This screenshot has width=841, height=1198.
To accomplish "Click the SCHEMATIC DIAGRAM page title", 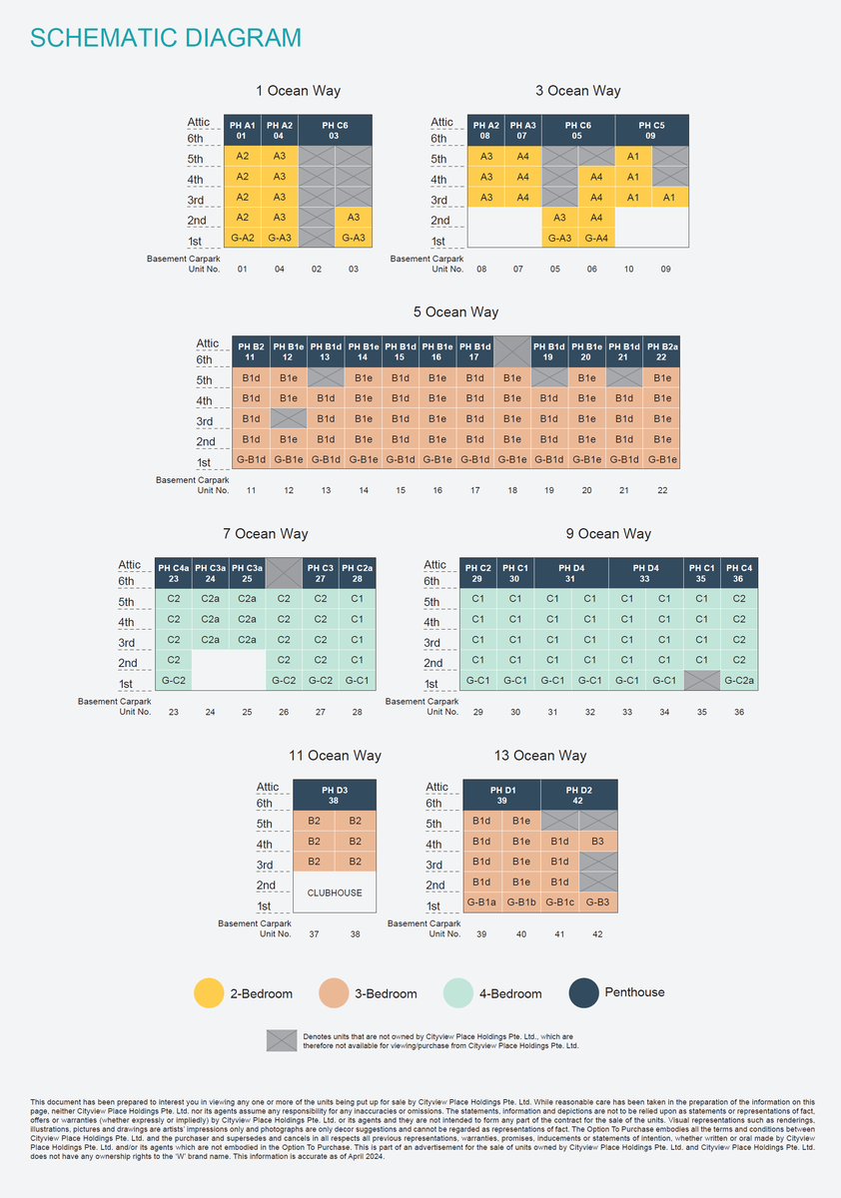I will point(166,38).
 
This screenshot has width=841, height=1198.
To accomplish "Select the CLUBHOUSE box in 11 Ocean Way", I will point(335,893).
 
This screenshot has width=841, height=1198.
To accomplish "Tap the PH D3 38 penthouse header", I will point(335,796).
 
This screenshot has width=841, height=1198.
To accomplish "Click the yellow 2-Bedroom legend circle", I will point(208,993).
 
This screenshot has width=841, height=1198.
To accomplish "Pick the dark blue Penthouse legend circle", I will point(583,993).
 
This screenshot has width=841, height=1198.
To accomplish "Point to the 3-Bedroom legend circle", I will point(334,993).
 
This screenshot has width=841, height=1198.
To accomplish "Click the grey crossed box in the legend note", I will point(282,1040).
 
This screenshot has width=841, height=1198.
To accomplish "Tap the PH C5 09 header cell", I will point(650,130).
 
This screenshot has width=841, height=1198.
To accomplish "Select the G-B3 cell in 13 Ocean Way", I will point(597,903).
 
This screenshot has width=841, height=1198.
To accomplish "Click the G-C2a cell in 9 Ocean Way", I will point(738,681).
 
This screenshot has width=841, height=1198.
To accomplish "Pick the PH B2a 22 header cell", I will point(661,351).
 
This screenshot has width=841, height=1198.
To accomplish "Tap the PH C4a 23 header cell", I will point(173,573).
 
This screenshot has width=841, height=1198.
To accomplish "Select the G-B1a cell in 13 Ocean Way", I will point(481,903).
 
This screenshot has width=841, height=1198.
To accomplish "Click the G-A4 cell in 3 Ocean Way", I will point(595,238).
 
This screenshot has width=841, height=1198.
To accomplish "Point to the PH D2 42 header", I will point(578,796).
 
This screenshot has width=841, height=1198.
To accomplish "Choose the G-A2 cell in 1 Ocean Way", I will point(242,238).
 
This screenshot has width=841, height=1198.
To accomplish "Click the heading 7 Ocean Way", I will point(266,534).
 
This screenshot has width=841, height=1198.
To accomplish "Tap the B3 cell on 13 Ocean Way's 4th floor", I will point(597,842).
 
